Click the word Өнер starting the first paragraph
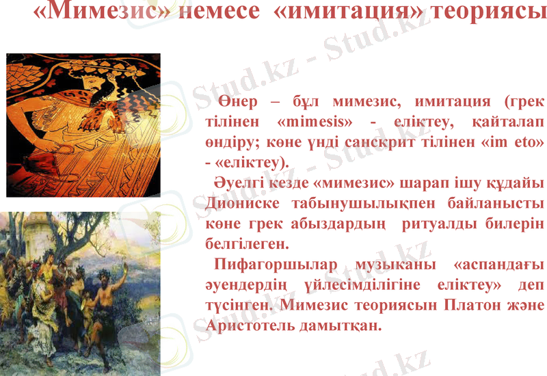point(240,102)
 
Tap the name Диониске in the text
point(237,204)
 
